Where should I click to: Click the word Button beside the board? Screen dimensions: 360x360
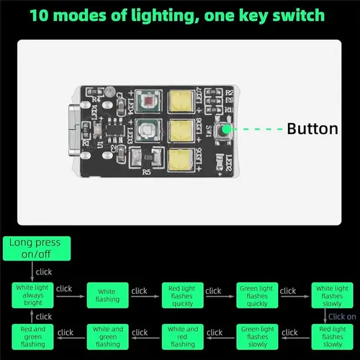312,130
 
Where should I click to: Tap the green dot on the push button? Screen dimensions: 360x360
226,130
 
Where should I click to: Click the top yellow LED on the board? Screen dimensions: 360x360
180,102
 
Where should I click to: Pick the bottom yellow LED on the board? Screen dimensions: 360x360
180,159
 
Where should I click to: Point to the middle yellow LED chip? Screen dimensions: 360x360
180,130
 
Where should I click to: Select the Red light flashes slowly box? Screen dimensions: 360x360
331,336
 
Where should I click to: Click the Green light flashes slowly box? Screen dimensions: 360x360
257,336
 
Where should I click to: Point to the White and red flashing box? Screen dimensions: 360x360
182,336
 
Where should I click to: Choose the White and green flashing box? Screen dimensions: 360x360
107,336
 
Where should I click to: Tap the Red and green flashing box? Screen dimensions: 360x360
32,336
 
